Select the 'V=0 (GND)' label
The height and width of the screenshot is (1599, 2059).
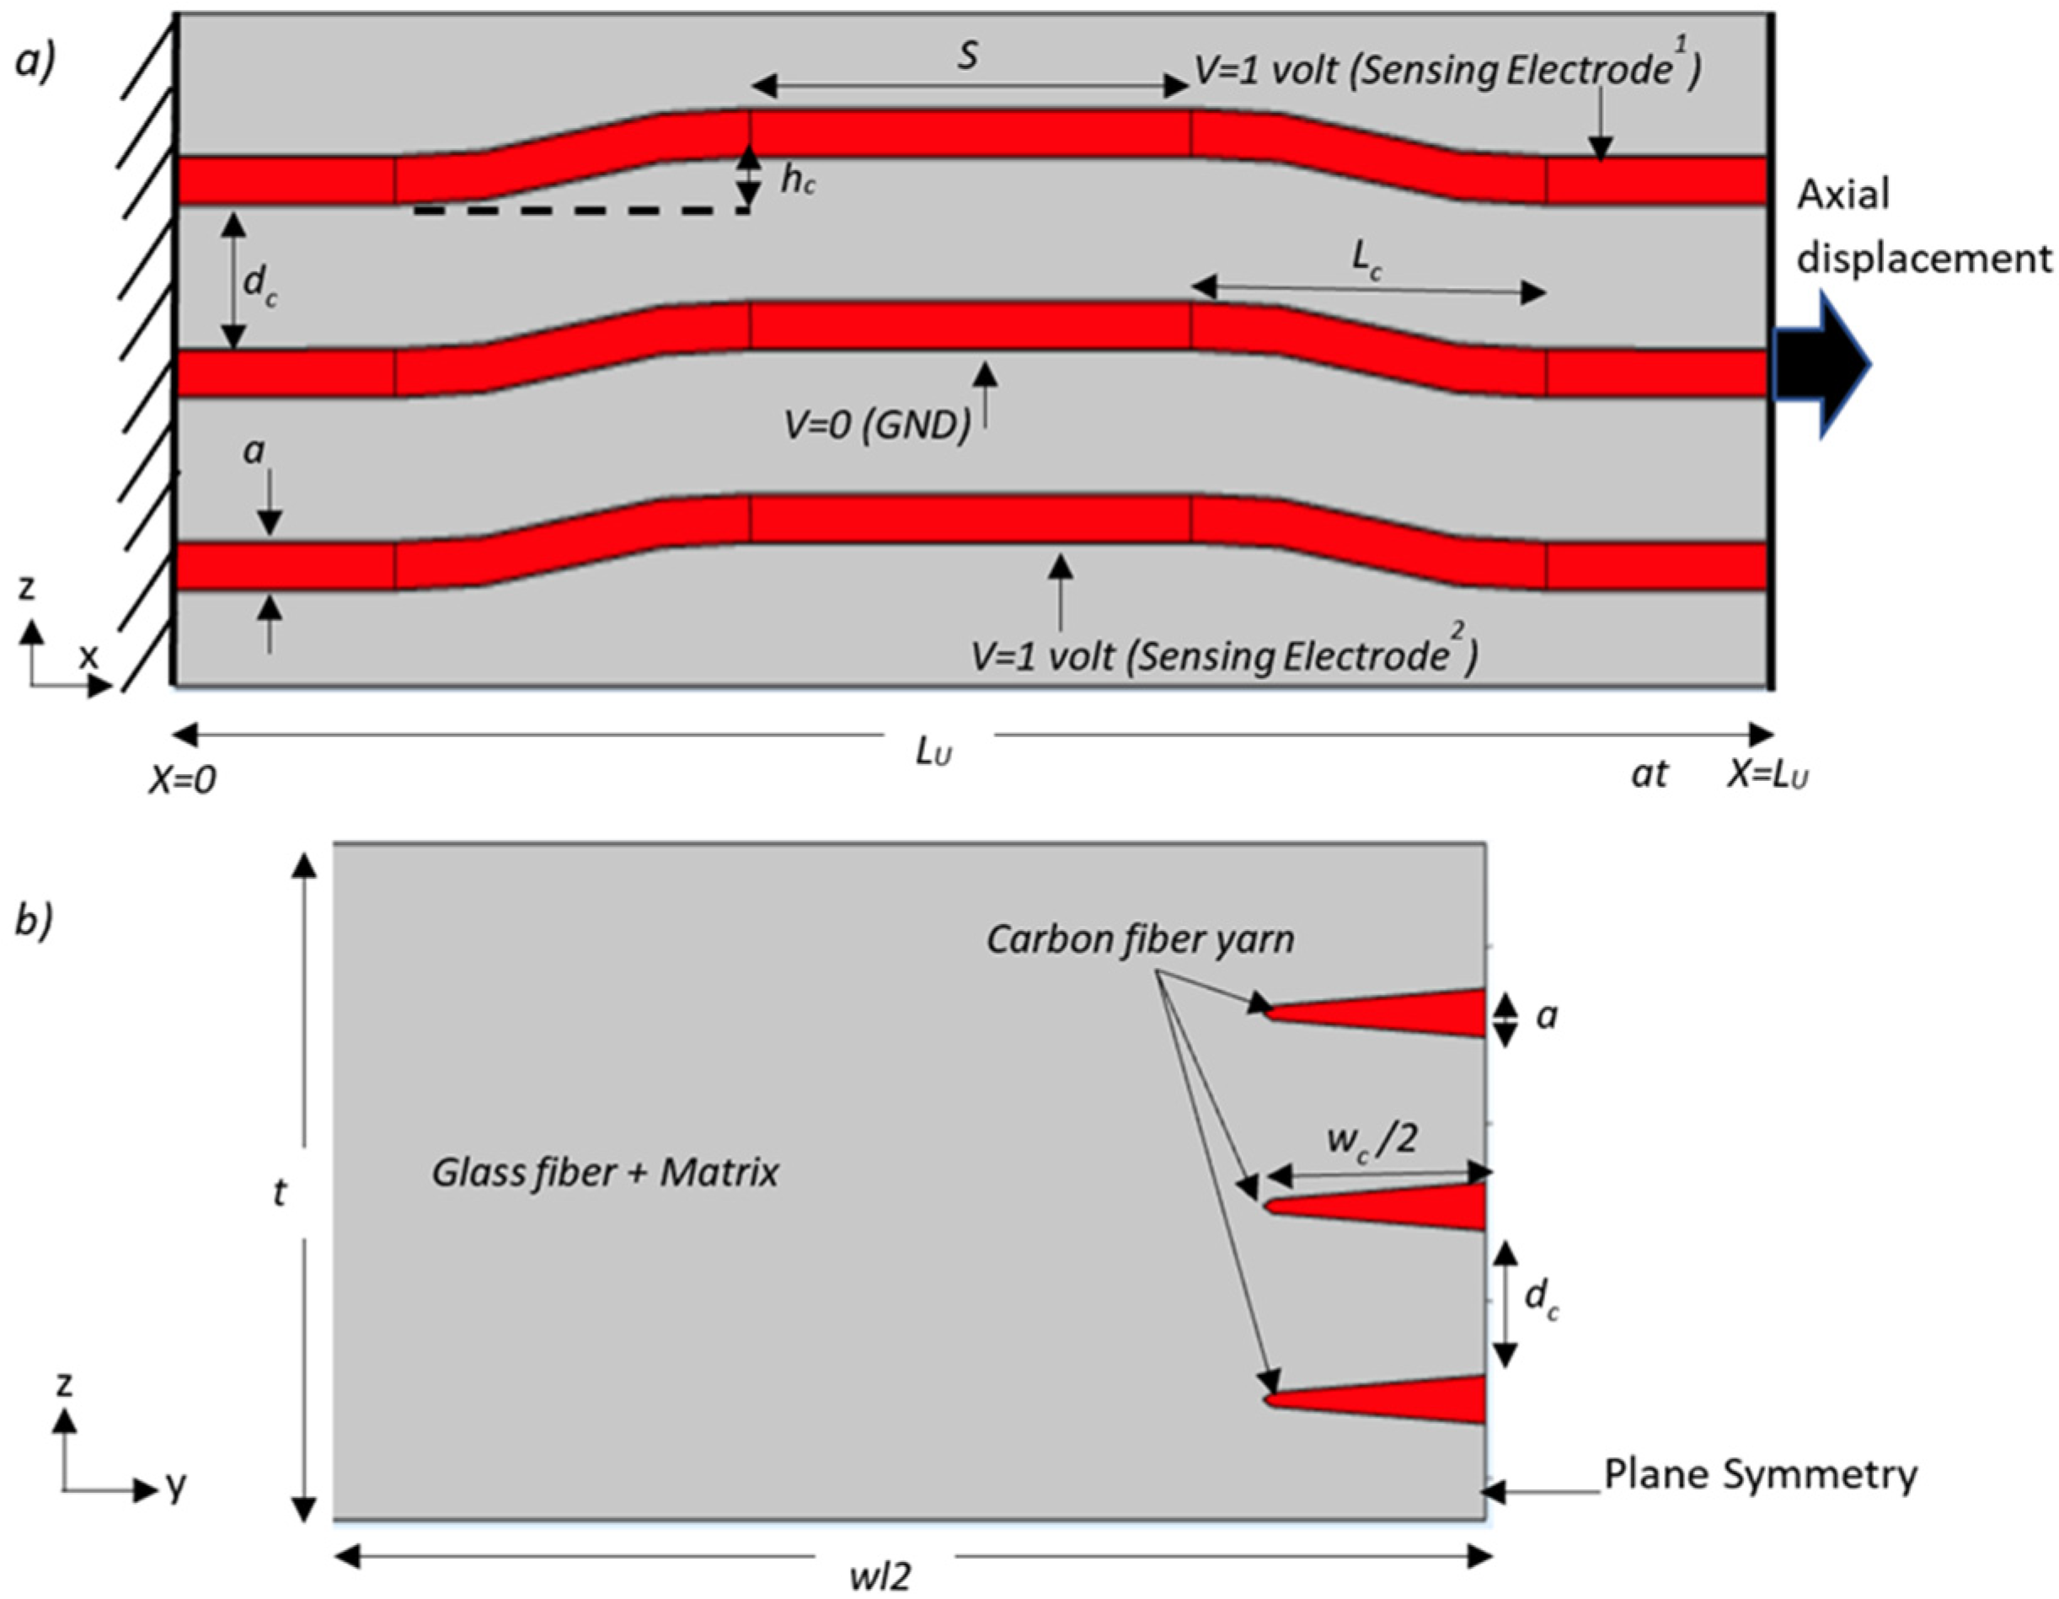click(x=877, y=426)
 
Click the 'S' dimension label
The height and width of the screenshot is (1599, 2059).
click(x=967, y=56)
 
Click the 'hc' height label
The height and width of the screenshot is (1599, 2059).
click(x=797, y=181)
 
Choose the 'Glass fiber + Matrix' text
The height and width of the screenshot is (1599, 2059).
click(x=605, y=1173)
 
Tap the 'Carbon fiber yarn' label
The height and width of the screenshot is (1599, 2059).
click(x=1140, y=939)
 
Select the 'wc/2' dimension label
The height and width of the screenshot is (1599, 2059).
click(x=1372, y=1140)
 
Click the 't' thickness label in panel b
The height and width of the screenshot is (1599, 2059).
click(x=280, y=1194)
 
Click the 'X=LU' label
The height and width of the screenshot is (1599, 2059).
click(x=1767, y=775)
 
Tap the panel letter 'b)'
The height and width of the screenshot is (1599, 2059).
click(x=35, y=921)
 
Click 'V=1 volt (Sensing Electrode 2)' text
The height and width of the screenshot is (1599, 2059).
click(x=1224, y=655)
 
